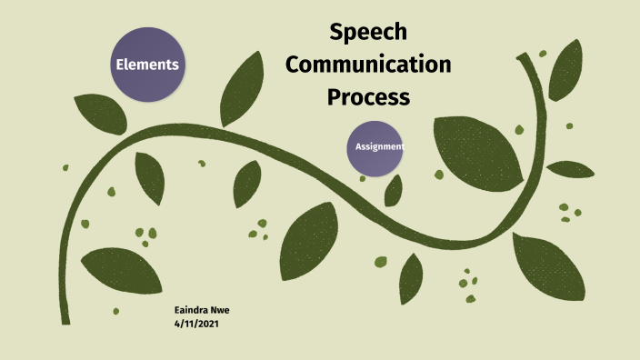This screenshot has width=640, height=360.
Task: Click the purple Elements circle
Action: pos(146,65)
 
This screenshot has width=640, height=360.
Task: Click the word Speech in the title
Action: pos(368,34)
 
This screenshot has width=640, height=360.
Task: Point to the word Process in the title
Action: pos(369,95)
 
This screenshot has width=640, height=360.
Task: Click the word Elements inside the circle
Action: pos(146,65)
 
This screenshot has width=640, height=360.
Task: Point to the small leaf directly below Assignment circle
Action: pos(393,191)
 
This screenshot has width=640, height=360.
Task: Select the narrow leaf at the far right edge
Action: pos(570,169)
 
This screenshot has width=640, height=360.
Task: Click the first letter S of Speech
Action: pos(336,34)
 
